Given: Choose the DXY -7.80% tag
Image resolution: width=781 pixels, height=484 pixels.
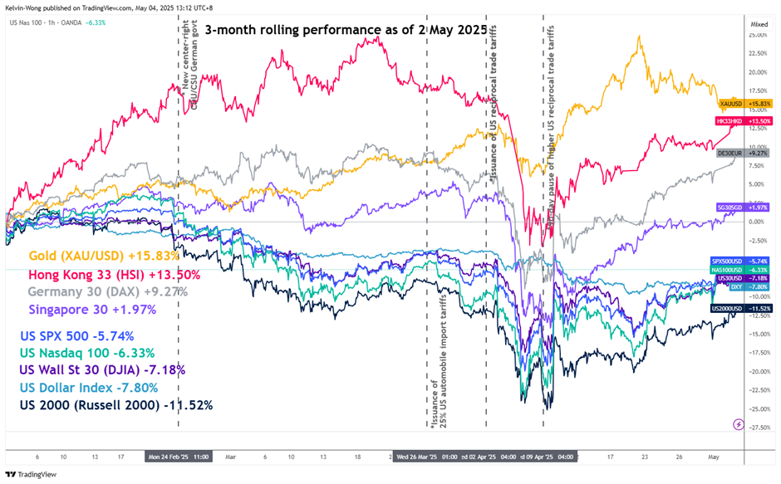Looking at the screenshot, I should pyautogui.click(x=744, y=286).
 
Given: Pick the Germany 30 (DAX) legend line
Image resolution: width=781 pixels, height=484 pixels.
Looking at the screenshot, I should pyautogui.click(x=108, y=292).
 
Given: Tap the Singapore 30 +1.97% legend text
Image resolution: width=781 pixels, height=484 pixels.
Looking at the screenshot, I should pyautogui.click(x=91, y=310).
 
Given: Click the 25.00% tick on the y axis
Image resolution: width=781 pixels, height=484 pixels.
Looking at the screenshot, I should pyautogui.click(x=757, y=35).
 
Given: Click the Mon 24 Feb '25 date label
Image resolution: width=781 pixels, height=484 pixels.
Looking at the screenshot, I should pyautogui.click(x=179, y=456).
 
